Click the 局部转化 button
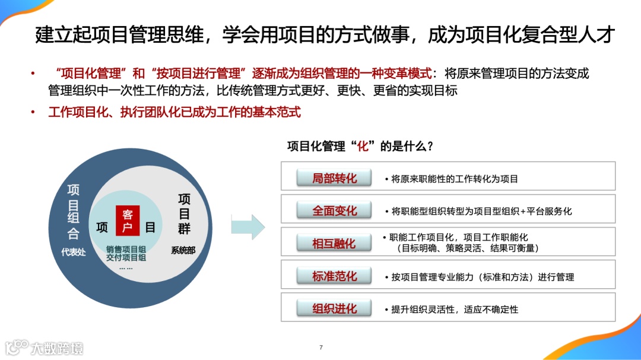click(334, 178)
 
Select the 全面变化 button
click(334, 211)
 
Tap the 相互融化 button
click(334, 243)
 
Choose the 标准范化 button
click(334, 276)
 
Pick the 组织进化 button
click(334, 308)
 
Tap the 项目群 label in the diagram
click(184, 214)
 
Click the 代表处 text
click(73, 251)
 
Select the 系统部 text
click(183, 250)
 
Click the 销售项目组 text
click(126, 249)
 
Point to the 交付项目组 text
click(126, 257)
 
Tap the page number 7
click(321, 347)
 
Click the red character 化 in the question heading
click(363, 146)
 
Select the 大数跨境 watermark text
click(57, 348)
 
